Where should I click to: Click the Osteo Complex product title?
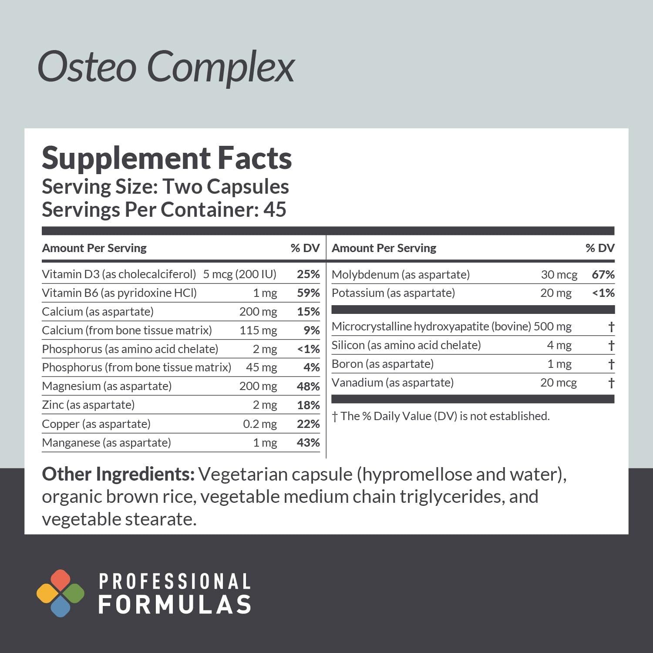pyautogui.click(x=166, y=67)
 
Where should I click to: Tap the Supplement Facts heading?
pyautogui.click(x=167, y=158)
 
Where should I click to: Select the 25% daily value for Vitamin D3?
pyautogui.click(x=308, y=274)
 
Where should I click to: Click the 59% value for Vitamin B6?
pyautogui.click(x=308, y=293)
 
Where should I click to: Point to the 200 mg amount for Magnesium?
pyautogui.click(x=258, y=386)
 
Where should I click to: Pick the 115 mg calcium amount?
pyautogui.click(x=258, y=330)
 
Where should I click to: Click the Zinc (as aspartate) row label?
pyautogui.click(x=88, y=405)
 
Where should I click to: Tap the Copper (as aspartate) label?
pyautogui.click(x=96, y=424)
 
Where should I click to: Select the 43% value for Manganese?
pyautogui.click(x=308, y=443)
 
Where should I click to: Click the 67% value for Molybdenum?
pyautogui.click(x=603, y=275)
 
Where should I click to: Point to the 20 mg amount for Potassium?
pyautogui.click(x=555, y=293)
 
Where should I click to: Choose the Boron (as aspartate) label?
pyautogui.click(x=382, y=364)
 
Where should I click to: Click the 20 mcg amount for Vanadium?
pyautogui.click(x=558, y=383)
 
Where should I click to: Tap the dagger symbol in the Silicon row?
pyautogui.click(x=611, y=345)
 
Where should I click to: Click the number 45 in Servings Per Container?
pyautogui.click(x=275, y=209)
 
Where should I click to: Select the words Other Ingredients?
pyautogui.click(x=118, y=474)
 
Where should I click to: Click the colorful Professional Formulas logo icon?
pyautogui.click(x=61, y=593)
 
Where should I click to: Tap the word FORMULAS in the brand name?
pyautogui.click(x=175, y=605)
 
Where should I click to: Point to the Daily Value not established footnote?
pyautogui.click(x=441, y=416)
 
